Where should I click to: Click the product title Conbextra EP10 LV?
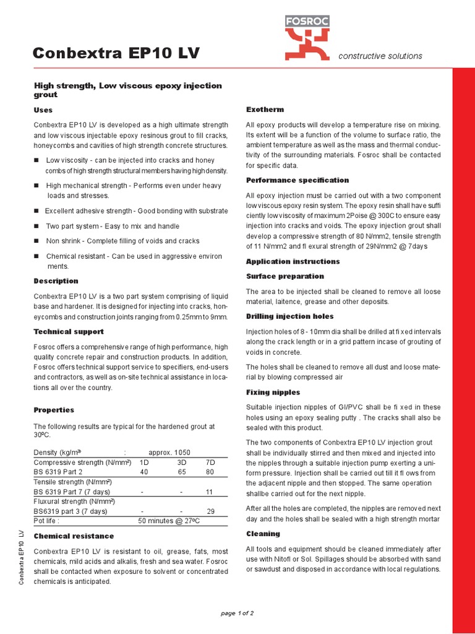(116, 54)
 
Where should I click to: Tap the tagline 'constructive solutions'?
(380, 56)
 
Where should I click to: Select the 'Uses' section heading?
(43, 110)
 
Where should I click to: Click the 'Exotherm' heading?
(265, 110)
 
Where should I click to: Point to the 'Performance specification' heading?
(297, 180)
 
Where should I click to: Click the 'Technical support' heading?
(69, 332)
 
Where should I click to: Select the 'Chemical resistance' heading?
(74, 536)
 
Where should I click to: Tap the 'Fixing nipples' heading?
(273, 393)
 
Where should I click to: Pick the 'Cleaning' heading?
(263, 534)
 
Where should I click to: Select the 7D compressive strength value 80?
(210, 472)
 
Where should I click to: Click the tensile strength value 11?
(210, 492)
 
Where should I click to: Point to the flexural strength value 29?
(210, 511)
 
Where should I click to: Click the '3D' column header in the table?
(181, 462)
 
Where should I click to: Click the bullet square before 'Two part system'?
(36, 226)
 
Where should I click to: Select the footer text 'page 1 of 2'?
(237, 613)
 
